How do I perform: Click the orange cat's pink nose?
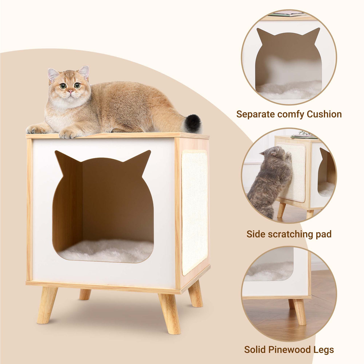pyautogui.click(x=70, y=92)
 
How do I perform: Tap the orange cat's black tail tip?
pyautogui.click(x=193, y=124)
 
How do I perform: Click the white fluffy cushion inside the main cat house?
pyautogui.click(x=105, y=250)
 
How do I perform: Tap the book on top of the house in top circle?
pyautogui.click(x=287, y=14)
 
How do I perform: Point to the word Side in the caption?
pyautogui.click(x=255, y=234)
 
